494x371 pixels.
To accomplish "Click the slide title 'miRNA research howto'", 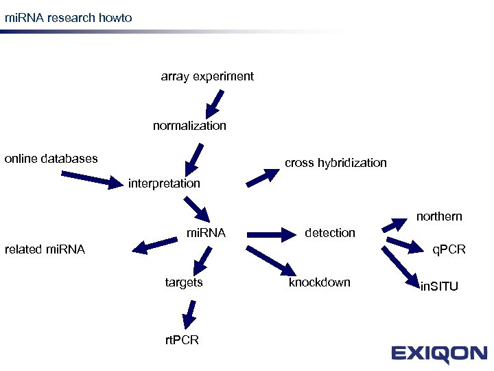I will click(68, 17).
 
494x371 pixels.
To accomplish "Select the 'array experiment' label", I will click(207, 76).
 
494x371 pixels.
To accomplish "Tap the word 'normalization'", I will click(189, 126).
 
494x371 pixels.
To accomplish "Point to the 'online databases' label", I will click(51, 159).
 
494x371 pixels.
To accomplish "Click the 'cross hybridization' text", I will click(336, 163).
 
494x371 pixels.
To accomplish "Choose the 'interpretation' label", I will click(164, 183).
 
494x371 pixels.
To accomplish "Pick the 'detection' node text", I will click(330, 233).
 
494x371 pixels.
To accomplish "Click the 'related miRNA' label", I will click(45, 249).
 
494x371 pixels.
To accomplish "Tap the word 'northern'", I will click(439, 216).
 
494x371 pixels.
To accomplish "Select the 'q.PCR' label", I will click(449, 249).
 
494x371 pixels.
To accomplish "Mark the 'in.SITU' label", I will click(439, 286).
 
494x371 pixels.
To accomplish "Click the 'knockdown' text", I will click(319, 282).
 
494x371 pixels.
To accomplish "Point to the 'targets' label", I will click(184, 282).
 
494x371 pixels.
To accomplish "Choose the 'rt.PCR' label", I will click(182, 340).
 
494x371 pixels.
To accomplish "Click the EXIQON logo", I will click(439, 355).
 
